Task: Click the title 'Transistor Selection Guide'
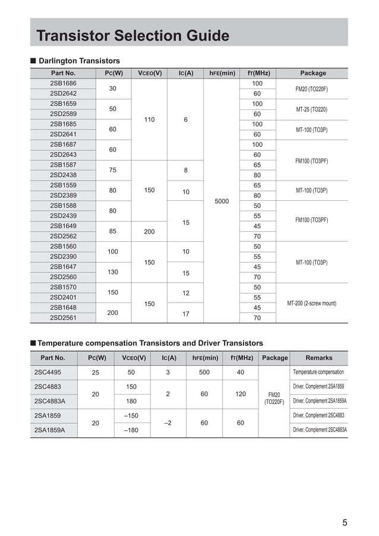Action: click(x=132, y=36)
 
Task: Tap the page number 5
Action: click(x=345, y=523)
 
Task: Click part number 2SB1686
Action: click(x=62, y=84)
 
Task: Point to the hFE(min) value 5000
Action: click(x=221, y=201)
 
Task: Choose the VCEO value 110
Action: click(x=149, y=119)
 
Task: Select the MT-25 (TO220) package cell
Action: click(x=312, y=109)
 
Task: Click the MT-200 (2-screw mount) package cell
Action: click(x=312, y=303)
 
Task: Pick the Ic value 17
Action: click(x=185, y=313)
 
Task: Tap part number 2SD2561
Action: click(x=62, y=318)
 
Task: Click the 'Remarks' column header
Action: click(x=319, y=358)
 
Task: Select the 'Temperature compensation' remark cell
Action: click(x=319, y=373)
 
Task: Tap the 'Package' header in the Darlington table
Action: click(x=312, y=73)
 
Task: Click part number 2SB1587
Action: click(x=62, y=165)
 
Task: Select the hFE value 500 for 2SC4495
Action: click(x=204, y=373)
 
